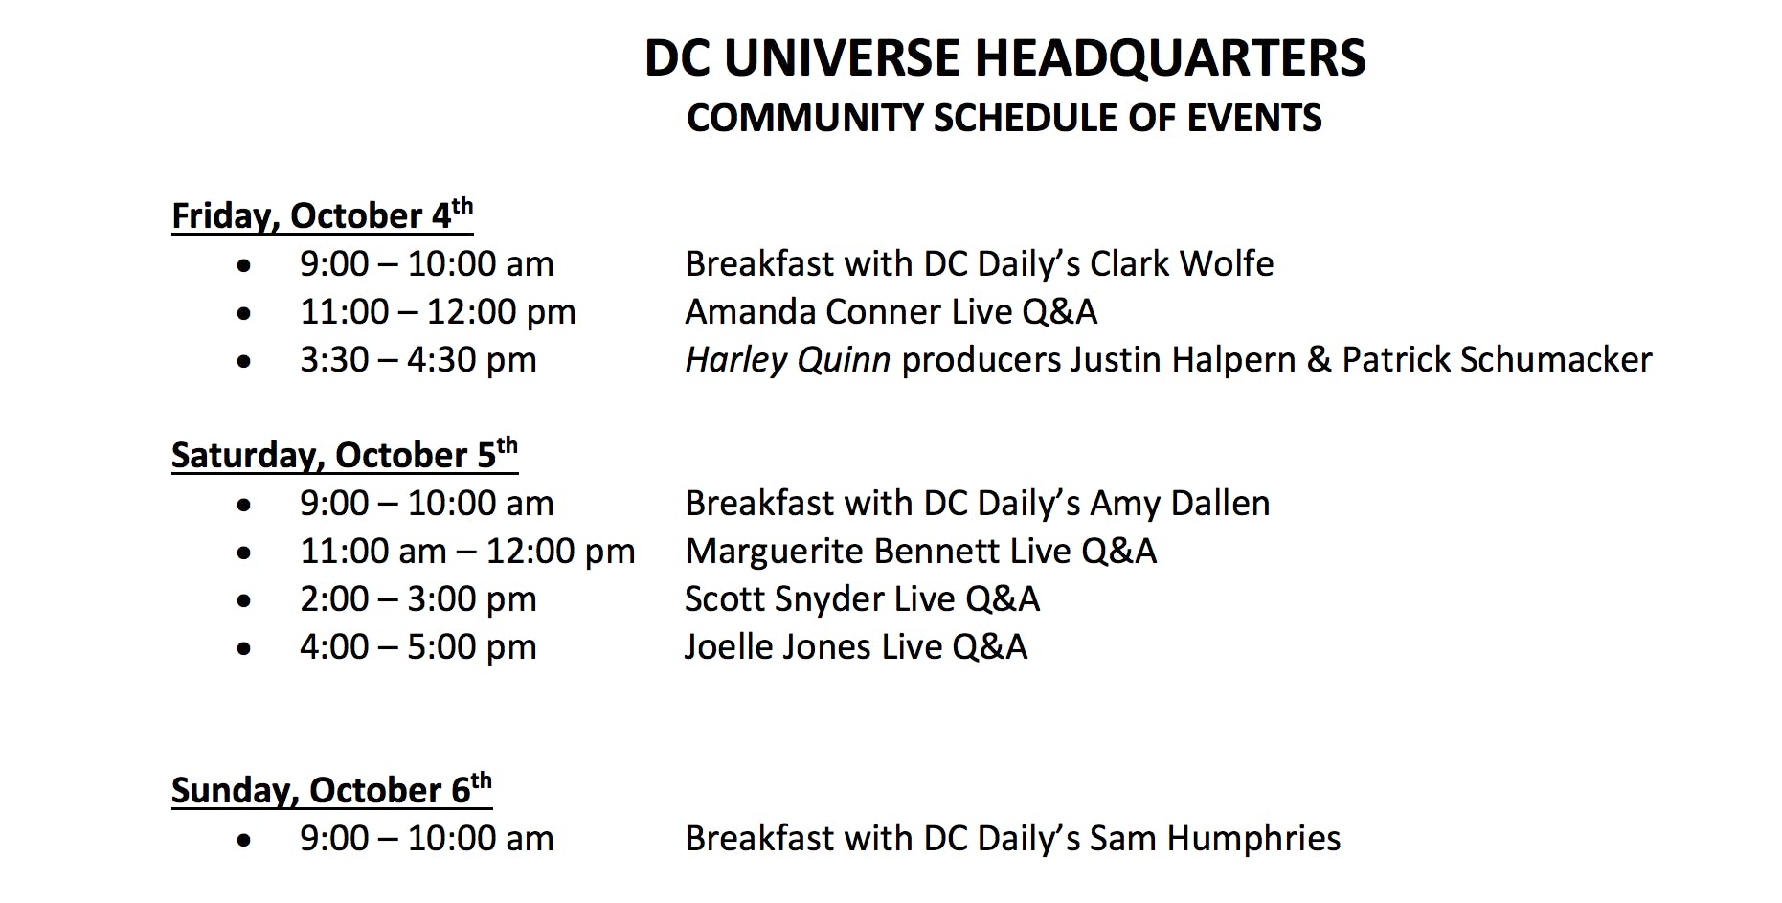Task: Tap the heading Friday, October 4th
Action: coord(322,214)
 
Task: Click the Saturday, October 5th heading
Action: coord(345,453)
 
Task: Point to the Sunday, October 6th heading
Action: coord(331,788)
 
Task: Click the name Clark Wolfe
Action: coord(1182,263)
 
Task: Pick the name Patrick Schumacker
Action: coord(1497,359)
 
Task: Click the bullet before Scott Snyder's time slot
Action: coord(244,601)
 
